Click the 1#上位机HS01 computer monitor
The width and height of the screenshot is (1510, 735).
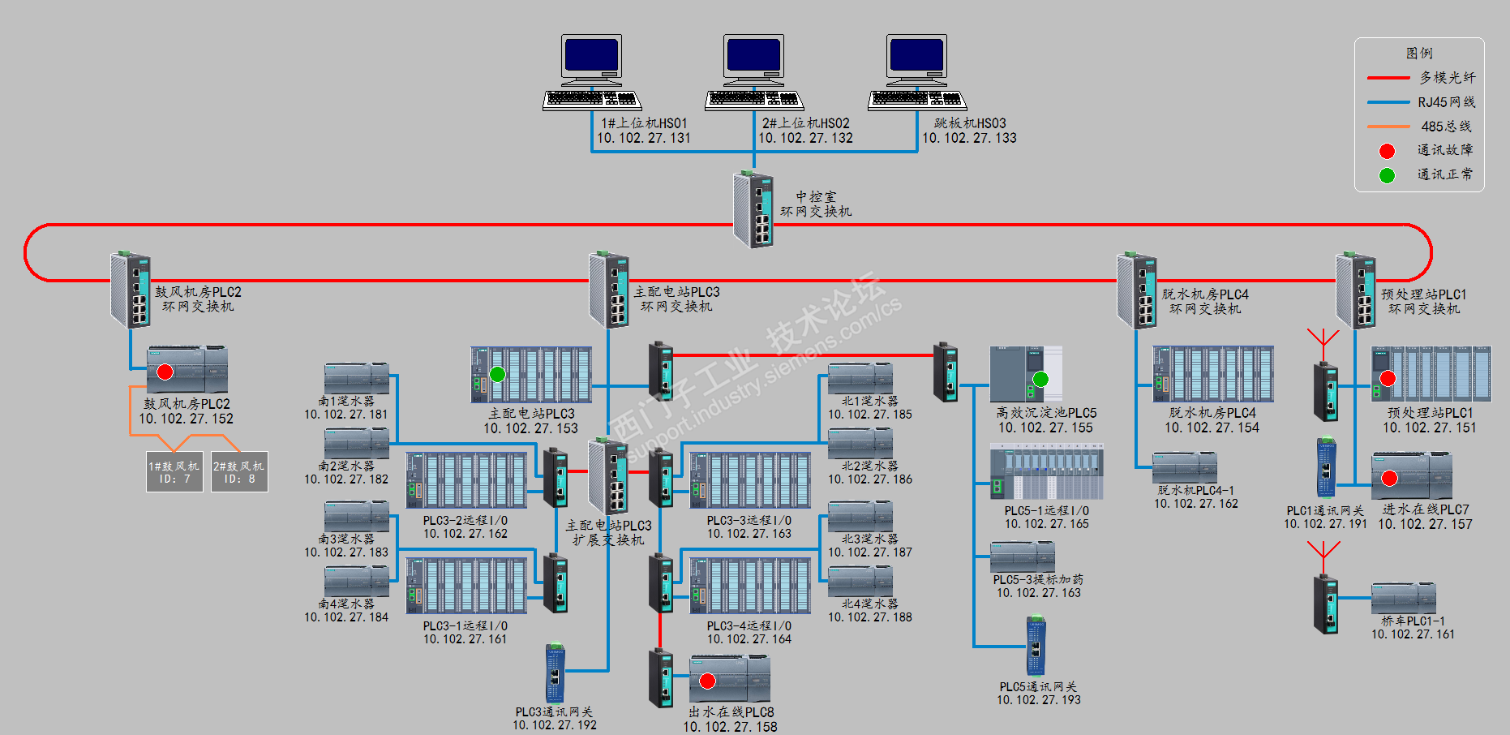click(x=592, y=57)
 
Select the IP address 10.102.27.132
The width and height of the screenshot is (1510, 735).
click(x=805, y=138)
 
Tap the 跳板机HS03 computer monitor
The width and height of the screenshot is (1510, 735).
click(x=916, y=57)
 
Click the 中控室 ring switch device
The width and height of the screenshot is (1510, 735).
click(x=753, y=209)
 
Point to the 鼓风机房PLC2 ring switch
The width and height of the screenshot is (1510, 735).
click(x=131, y=290)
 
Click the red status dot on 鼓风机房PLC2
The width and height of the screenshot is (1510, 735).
click(x=165, y=372)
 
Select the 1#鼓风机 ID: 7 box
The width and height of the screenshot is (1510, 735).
click(x=174, y=472)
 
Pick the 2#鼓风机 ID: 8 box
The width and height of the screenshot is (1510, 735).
click(x=239, y=472)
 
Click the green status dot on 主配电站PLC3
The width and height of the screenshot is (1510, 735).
click(x=498, y=374)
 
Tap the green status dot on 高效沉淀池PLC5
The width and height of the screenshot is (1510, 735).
click(x=1041, y=379)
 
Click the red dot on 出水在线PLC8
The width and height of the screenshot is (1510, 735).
click(x=708, y=681)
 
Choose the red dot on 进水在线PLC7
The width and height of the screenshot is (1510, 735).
click(x=1389, y=478)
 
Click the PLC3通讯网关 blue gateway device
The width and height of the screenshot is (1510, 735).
click(x=556, y=674)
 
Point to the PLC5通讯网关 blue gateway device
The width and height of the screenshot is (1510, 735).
click(x=1036, y=647)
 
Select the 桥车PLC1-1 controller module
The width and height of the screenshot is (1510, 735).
click(x=1403, y=599)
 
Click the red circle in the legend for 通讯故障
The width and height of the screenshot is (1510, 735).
click(x=1388, y=151)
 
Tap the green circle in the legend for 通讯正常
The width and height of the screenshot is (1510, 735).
click(x=1388, y=175)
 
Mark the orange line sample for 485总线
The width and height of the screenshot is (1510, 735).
click(x=1388, y=127)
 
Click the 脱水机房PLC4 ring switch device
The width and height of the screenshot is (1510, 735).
click(x=1137, y=290)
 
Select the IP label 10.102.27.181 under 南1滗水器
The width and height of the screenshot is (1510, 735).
click(x=346, y=415)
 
